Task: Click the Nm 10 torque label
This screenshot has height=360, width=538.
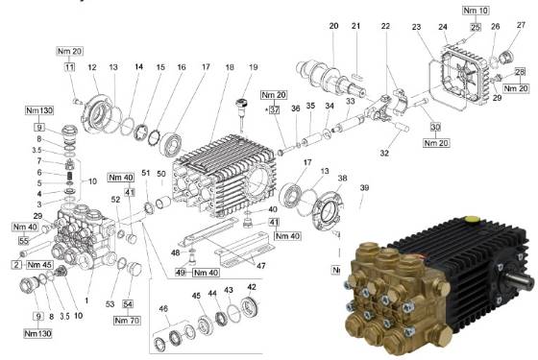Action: point(476,10)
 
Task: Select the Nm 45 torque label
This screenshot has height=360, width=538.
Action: point(40,264)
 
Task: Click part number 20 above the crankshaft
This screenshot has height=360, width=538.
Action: point(334,26)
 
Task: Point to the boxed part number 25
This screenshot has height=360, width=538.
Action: point(475,28)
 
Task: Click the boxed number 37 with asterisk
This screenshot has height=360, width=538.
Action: point(275,111)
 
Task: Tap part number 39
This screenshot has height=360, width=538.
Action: point(363,189)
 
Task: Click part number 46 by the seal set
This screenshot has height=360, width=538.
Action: point(163,308)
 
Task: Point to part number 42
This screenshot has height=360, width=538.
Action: point(252,287)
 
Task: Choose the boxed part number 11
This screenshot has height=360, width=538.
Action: point(69,67)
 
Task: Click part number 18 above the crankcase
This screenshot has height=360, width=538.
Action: point(229,67)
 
